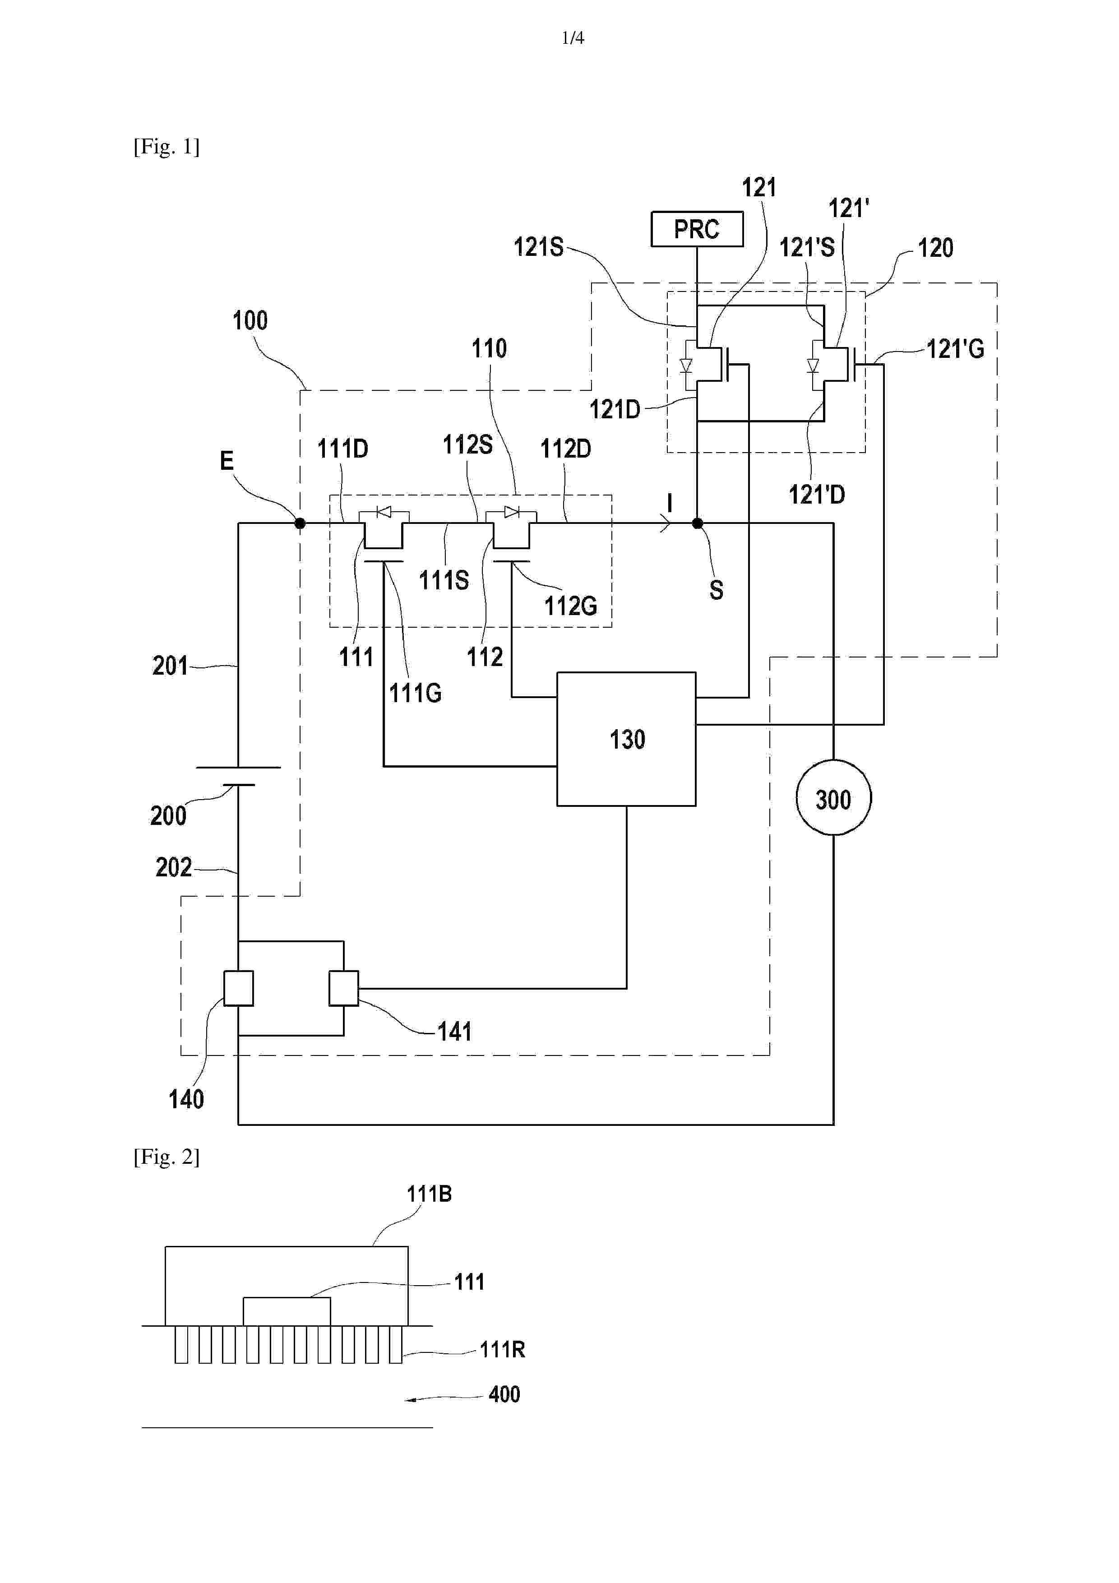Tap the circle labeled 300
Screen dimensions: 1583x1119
click(x=833, y=798)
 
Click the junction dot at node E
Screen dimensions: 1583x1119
click(x=300, y=523)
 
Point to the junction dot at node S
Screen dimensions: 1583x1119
click(x=697, y=523)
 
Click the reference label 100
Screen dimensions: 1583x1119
click(x=250, y=320)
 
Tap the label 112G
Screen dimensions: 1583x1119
click(x=570, y=606)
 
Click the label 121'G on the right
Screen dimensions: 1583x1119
click(x=955, y=350)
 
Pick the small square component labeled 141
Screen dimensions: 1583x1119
click(x=343, y=988)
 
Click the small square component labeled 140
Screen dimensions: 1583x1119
click(x=239, y=988)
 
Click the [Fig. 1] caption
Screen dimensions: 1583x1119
click(x=166, y=147)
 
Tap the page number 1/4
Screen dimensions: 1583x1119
click(x=573, y=38)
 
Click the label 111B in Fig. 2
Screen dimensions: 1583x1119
click(x=429, y=1194)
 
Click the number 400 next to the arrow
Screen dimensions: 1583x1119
click(x=504, y=1394)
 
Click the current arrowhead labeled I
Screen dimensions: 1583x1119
click(x=666, y=524)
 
